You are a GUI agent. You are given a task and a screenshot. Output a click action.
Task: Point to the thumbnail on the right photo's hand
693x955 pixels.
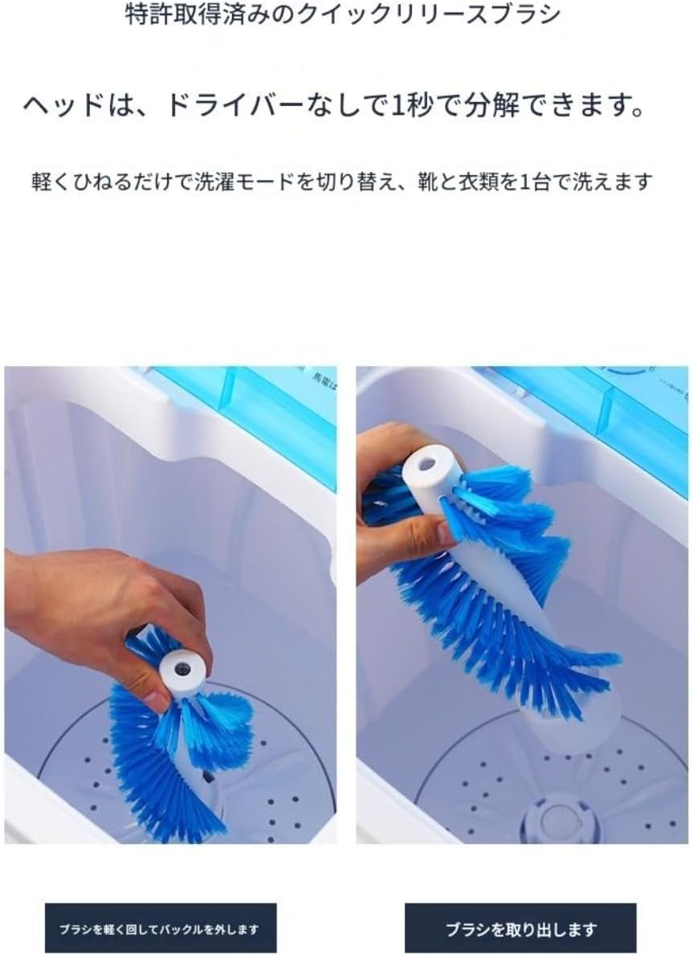(446, 533)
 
